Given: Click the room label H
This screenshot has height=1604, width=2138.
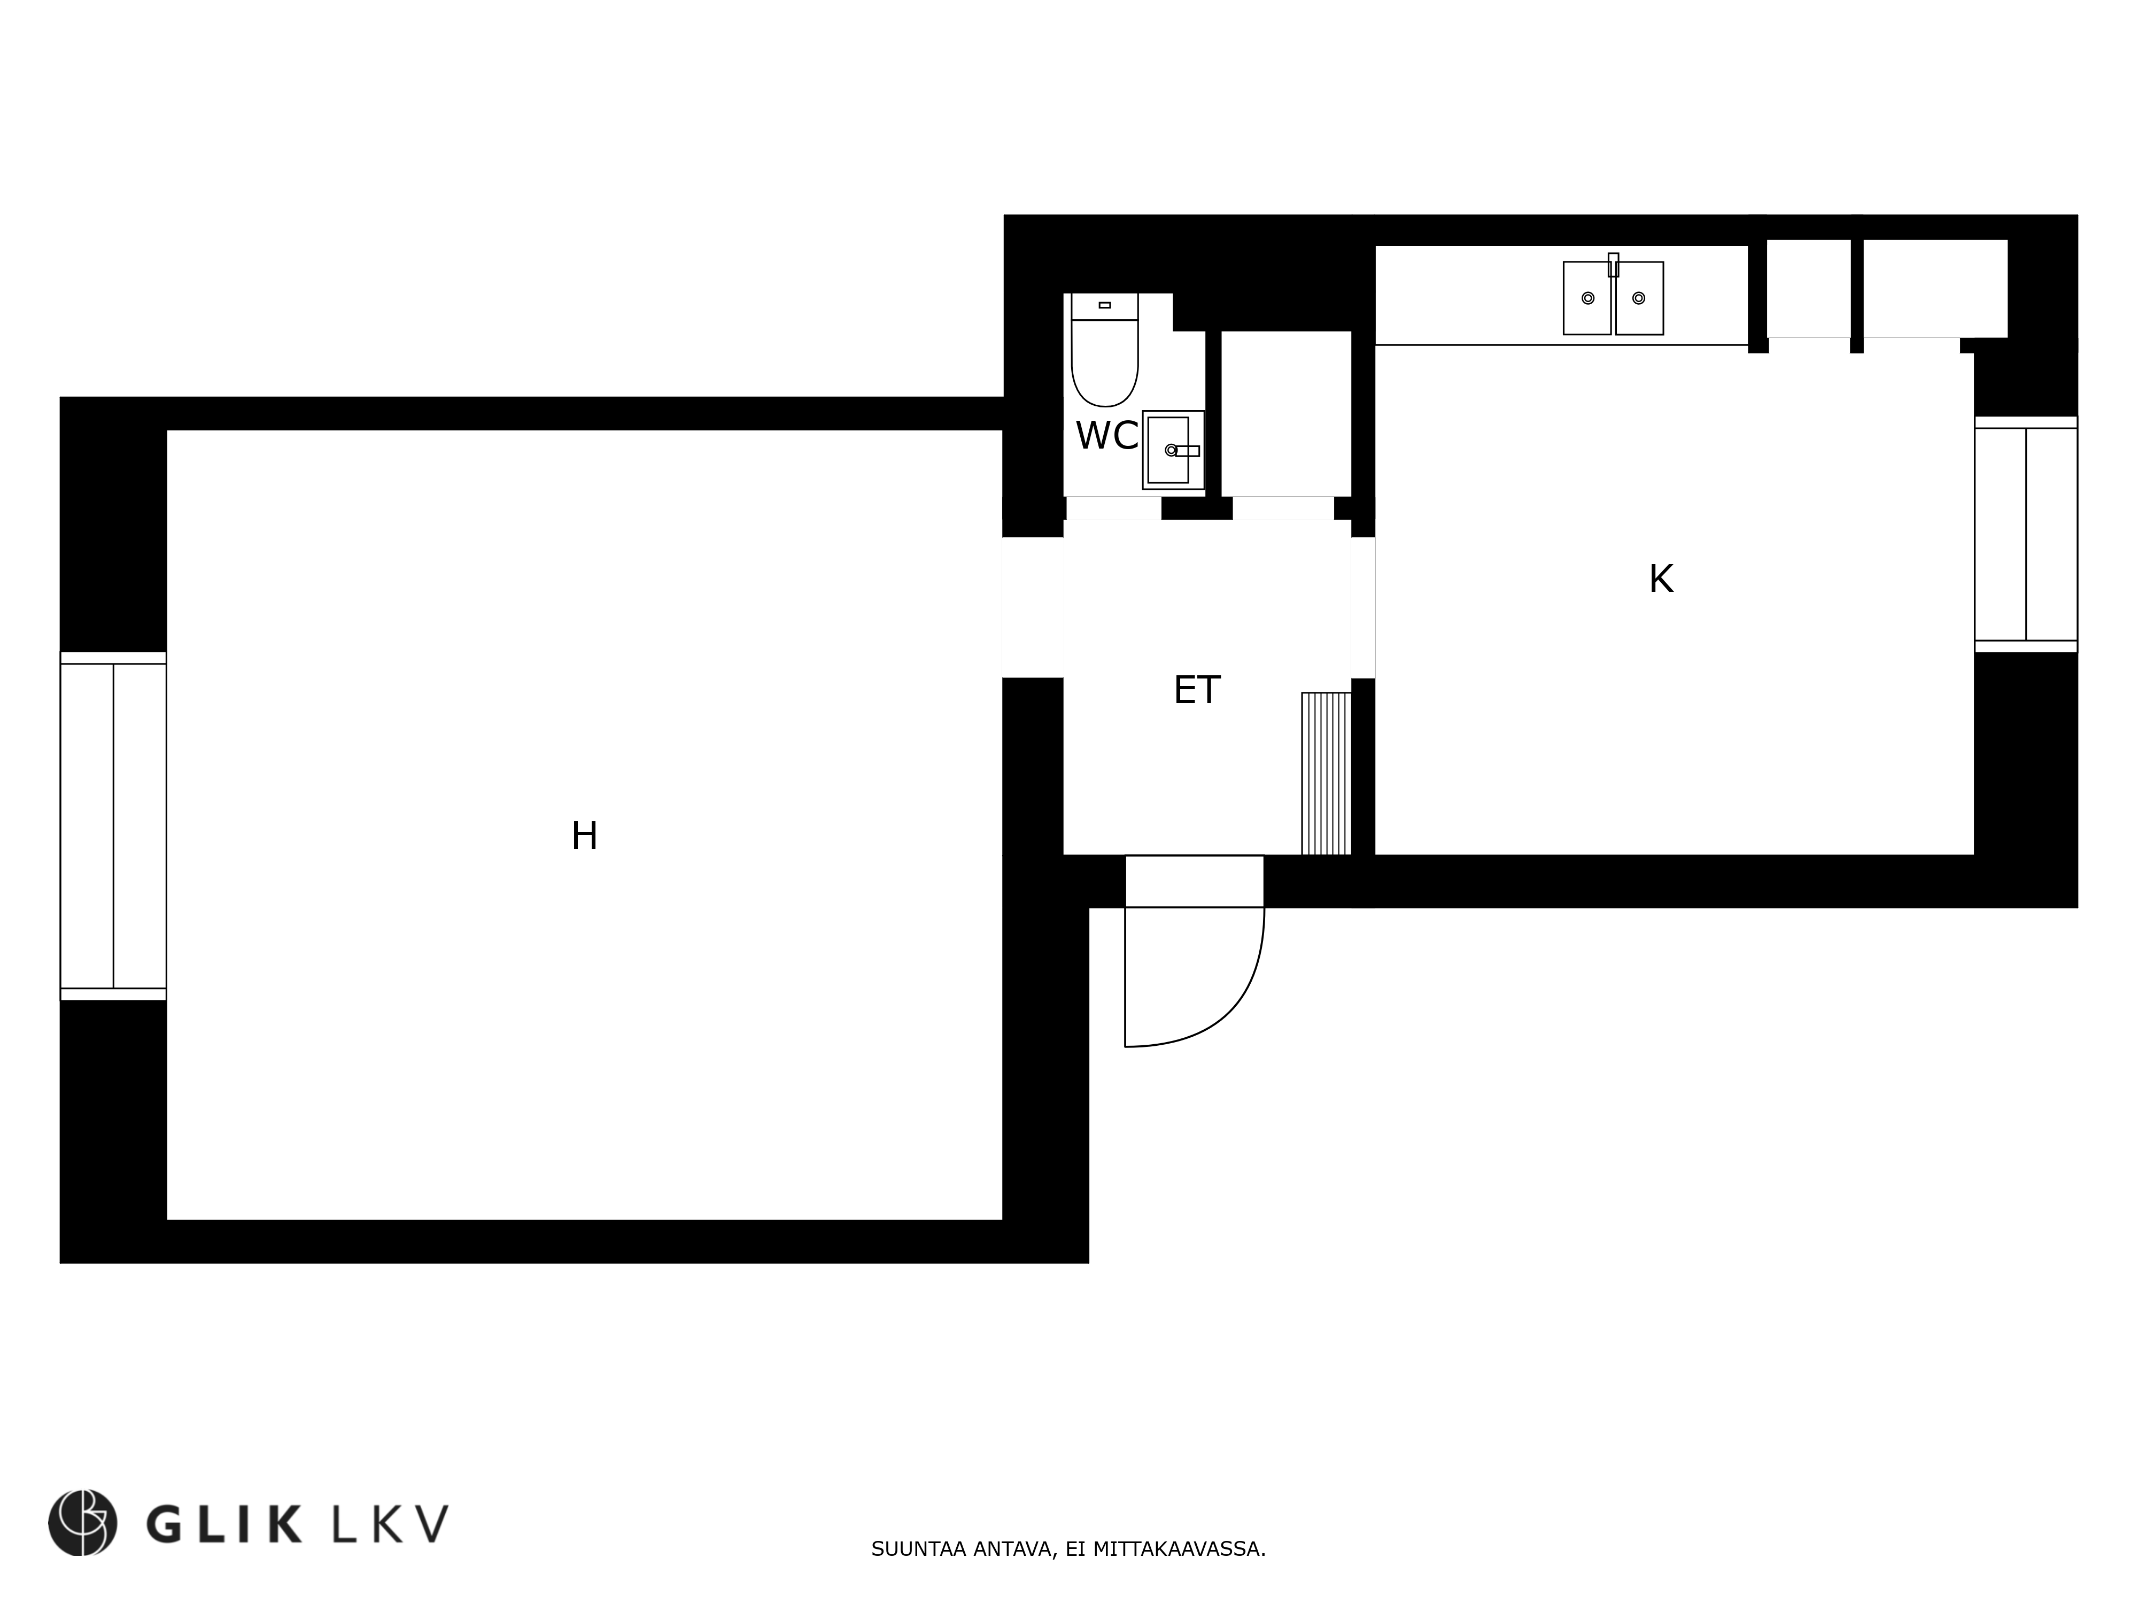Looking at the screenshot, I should point(584,836).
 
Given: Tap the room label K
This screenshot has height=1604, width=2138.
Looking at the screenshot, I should point(1661,579).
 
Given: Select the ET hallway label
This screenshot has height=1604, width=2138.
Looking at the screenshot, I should point(1197,690).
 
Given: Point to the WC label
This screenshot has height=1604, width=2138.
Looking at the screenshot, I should point(1106,436).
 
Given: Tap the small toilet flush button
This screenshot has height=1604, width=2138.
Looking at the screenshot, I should point(1105,305).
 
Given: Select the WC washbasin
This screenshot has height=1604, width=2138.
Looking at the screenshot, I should point(1172,450).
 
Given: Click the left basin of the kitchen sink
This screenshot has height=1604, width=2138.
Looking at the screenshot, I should point(1587,298).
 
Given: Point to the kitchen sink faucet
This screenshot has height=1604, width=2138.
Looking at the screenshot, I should point(1613,265).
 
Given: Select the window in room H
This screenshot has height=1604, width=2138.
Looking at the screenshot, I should point(113,826).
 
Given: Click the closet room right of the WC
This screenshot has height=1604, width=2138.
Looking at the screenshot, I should point(1285,414).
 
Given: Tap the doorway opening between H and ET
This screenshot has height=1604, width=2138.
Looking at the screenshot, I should point(1032,607).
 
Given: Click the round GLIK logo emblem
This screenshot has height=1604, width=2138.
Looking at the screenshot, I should point(83,1523).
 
